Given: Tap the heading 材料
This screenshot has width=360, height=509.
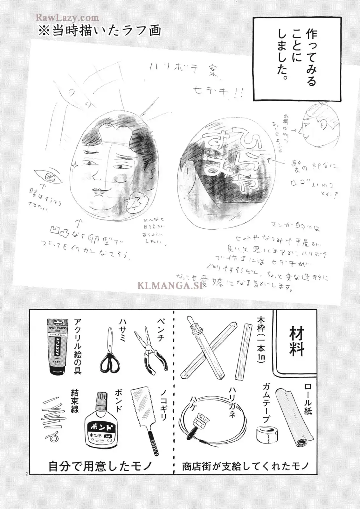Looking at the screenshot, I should pyautogui.click(x=296, y=342).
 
